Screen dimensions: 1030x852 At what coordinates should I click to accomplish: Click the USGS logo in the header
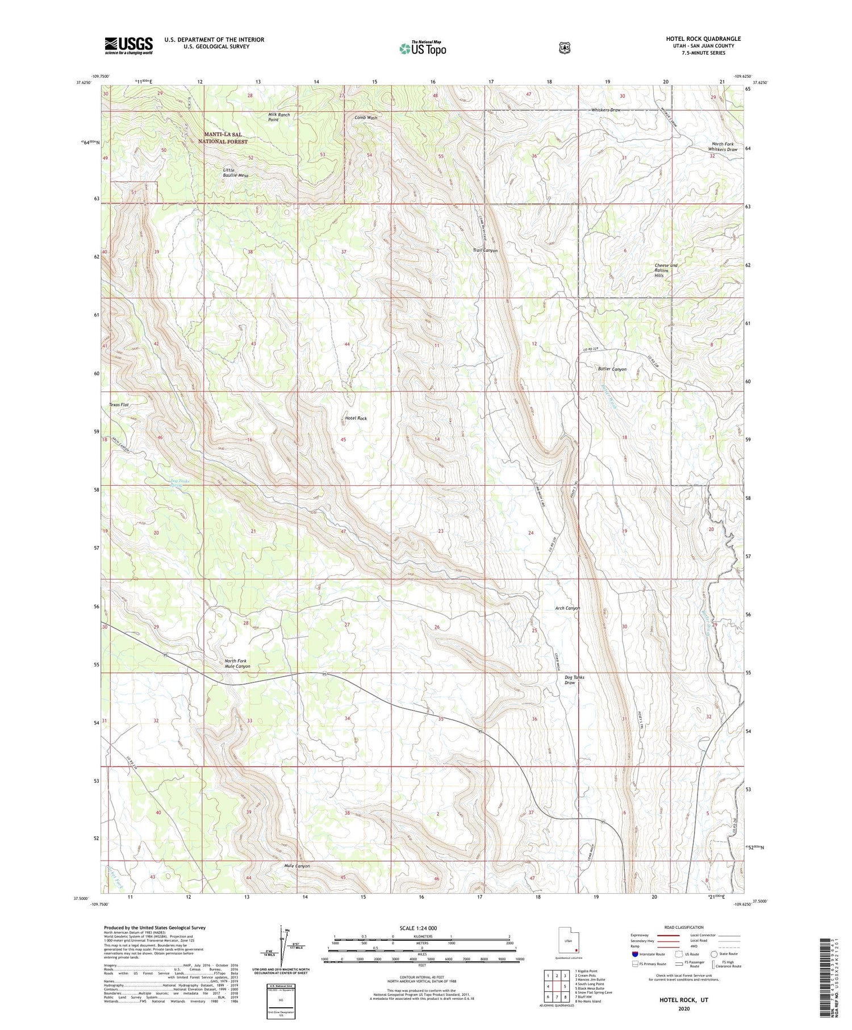(x=128, y=45)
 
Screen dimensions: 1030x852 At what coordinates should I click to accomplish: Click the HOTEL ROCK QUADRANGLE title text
(x=703, y=39)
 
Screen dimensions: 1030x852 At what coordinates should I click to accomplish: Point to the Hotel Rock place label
(x=356, y=418)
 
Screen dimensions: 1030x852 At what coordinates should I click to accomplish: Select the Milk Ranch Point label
(x=279, y=117)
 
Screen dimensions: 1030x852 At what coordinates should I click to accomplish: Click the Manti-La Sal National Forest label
(x=223, y=137)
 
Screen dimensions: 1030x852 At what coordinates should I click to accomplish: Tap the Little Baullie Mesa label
(x=235, y=173)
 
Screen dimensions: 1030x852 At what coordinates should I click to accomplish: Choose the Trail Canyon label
(x=485, y=251)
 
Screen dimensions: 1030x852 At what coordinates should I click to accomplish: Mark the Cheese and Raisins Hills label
(x=666, y=270)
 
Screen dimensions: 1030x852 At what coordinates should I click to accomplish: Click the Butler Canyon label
(x=612, y=369)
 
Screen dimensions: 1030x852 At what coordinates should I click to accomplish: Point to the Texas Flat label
(x=119, y=405)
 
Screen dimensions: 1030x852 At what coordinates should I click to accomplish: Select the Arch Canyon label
(x=567, y=608)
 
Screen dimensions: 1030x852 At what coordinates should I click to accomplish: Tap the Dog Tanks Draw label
(x=574, y=679)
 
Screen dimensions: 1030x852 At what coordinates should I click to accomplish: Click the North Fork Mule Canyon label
(x=237, y=664)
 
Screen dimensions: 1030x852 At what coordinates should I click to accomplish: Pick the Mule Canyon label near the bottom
(x=297, y=866)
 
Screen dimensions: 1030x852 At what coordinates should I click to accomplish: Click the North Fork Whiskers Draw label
(x=724, y=147)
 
